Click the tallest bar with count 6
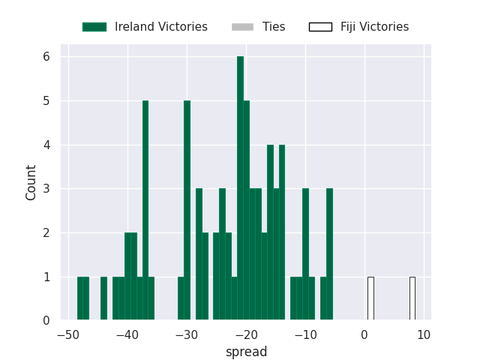pyautogui.click(x=240, y=188)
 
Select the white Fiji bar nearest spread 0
pyautogui.click(x=370, y=298)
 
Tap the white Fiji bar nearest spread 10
pyautogui.click(x=412, y=298)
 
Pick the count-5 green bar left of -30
pyautogui.click(x=145, y=210)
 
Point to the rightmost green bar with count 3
pyautogui.click(x=329, y=254)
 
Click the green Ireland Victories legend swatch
pyautogui.click(x=94, y=27)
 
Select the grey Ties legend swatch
pyautogui.click(x=243, y=27)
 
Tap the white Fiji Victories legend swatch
pyautogui.click(x=320, y=27)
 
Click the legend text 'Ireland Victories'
pyautogui.click(x=161, y=27)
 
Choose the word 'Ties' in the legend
pyautogui.click(x=274, y=27)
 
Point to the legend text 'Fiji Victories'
pyautogui.click(x=375, y=27)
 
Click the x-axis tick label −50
pyautogui.click(x=68, y=335)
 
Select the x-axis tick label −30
pyautogui.click(x=187, y=335)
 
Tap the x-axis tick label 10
pyautogui.click(x=424, y=335)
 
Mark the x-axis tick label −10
pyautogui.click(x=305, y=335)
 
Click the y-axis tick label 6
pyautogui.click(x=46, y=57)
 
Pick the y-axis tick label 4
pyautogui.click(x=46, y=145)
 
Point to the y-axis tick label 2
pyautogui.click(x=46, y=233)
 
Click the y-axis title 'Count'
pyautogui.click(x=31, y=183)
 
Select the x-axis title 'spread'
pyautogui.click(x=247, y=352)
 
